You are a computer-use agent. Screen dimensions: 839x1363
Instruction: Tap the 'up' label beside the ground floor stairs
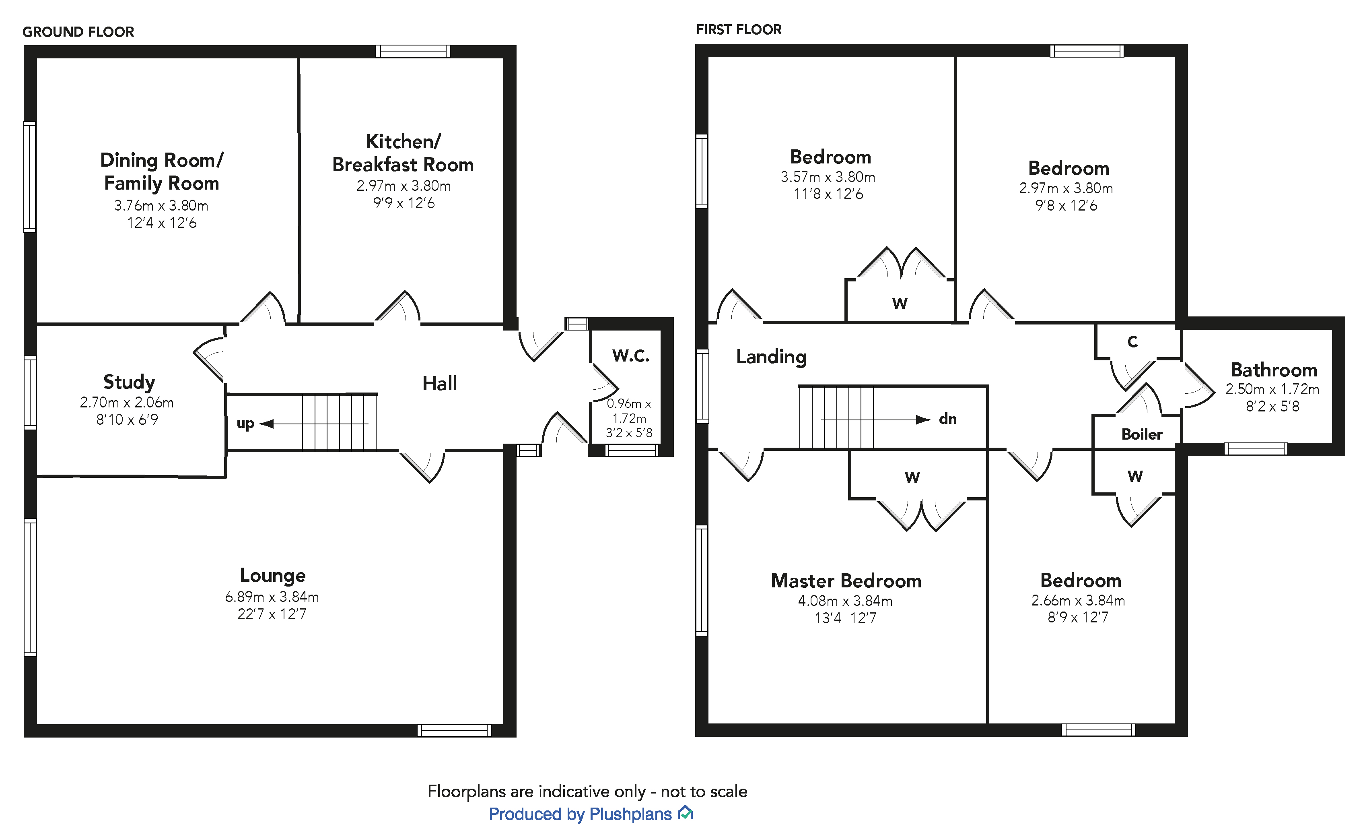coord(245,424)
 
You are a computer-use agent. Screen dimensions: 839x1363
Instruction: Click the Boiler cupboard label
coord(1141,434)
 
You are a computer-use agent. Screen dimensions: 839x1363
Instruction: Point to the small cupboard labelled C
coord(1132,342)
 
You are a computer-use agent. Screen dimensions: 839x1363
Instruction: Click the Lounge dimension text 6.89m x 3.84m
coord(272,597)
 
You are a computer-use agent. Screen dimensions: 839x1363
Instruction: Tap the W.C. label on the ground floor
coord(630,355)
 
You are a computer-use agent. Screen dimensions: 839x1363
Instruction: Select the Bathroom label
coord(1273,370)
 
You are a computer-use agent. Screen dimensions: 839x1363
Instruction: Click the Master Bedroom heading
coord(846,581)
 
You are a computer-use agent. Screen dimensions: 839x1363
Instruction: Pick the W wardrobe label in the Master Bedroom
coord(912,477)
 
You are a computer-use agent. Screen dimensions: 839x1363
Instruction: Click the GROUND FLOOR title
coord(78,32)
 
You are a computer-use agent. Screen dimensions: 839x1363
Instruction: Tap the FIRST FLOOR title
coord(739,29)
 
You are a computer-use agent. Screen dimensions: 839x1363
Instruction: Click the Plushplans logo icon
coord(686,813)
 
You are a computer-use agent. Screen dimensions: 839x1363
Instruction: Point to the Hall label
coord(439,383)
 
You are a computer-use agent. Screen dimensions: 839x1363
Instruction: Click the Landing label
coord(771,357)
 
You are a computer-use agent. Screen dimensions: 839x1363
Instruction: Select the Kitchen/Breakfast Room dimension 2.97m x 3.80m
coord(403,186)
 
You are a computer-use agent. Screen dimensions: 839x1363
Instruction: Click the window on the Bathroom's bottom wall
coord(1256,449)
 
